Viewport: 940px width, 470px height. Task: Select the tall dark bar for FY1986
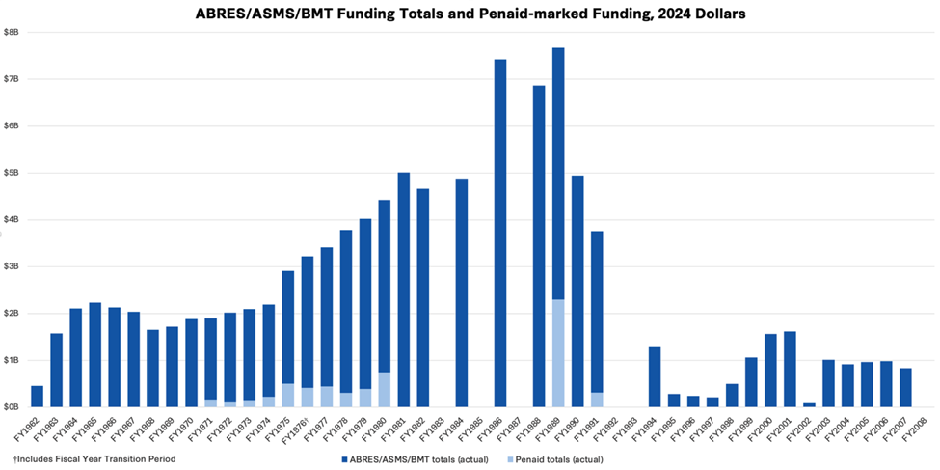tap(500, 232)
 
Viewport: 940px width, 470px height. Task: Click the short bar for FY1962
tap(37, 396)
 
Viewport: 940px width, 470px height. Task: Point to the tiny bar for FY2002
tap(808, 404)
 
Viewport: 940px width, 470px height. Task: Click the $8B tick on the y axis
tap(11, 32)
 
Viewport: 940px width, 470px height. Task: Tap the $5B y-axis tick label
tap(11, 173)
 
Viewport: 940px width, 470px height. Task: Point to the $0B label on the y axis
tap(11, 407)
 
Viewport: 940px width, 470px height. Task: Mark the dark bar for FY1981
tap(403, 290)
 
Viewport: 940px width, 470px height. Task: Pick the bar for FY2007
tap(905, 387)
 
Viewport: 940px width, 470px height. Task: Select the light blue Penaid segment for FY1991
tap(597, 400)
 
